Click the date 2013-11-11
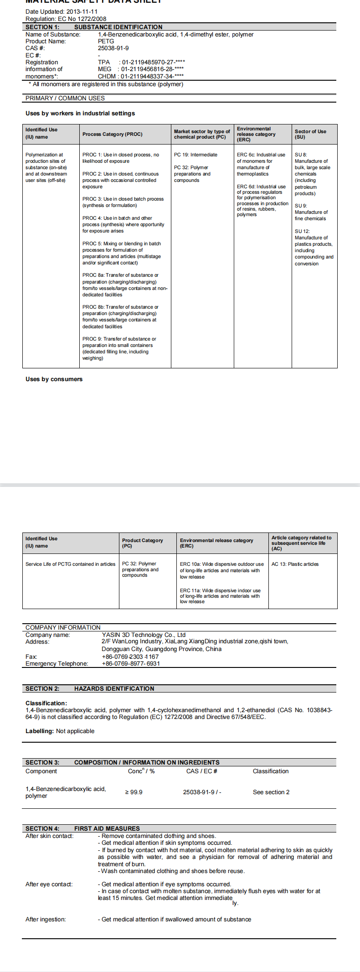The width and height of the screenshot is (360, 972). (x=82, y=12)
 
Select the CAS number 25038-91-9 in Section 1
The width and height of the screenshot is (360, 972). (x=113, y=48)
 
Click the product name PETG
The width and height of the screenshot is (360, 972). (x=106, y=41)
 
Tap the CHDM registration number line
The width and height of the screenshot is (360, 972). (x=141, y=76)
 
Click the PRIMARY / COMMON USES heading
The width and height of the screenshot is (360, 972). (x=65, y=98)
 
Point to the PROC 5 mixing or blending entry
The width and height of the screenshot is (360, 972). (x=121, y=253)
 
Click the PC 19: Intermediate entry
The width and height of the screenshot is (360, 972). (x=195, y=155)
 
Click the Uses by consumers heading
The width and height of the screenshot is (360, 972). (x=54, y=379)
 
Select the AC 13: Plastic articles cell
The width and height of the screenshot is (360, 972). (x=295, y=564)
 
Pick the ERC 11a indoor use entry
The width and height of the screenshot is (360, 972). (x=220, y=596)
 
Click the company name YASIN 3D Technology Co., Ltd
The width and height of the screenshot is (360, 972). (x=144, y=635)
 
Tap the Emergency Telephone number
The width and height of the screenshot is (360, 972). (x=131, y=663)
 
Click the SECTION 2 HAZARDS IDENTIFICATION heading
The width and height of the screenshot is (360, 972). (x=90, y=688)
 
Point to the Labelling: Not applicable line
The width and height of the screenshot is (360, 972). (x=60, y=731)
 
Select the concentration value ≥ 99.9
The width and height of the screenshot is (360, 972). (x=134, y=792)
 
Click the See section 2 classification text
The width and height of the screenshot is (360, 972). (x=271, y=792)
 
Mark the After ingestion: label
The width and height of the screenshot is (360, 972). (x=46, y=919)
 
